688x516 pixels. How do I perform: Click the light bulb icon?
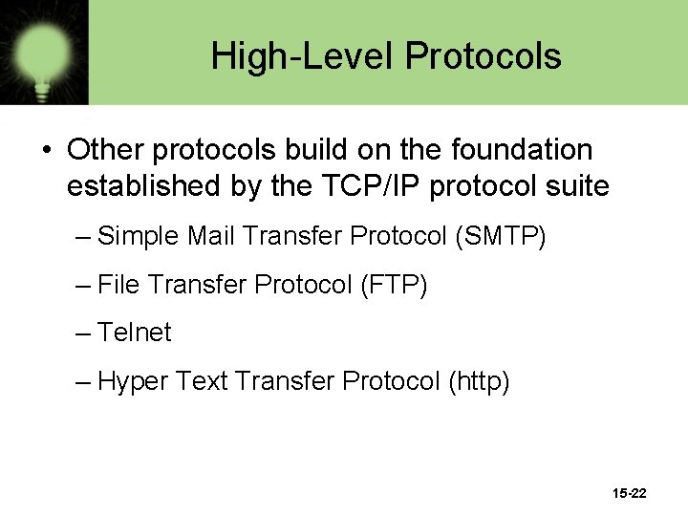tap(43, 53)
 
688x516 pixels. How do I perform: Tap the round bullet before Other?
tap(45, 151)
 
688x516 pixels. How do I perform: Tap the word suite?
tap(574, 185)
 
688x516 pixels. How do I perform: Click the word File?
tap(118, 285)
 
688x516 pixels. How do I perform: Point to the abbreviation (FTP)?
tap(393, 285)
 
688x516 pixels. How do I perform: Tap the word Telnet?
tap(135, 333)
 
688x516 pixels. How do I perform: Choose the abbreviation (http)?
tap(478, 382)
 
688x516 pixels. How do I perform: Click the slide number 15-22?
tap(629, 493)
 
